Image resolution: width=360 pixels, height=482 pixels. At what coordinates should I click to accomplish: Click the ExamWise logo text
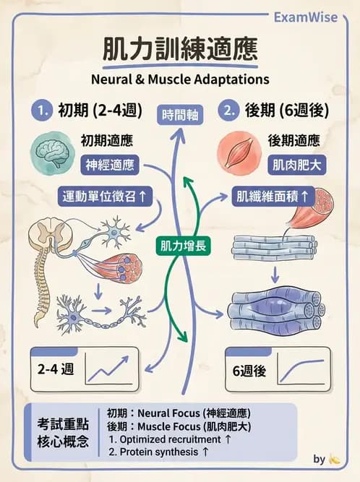(x=306, y=17)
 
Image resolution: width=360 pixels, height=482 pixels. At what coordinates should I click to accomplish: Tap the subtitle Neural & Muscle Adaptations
(x=179, y=78)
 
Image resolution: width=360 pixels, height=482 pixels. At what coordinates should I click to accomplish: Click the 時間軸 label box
(x=180, y=114)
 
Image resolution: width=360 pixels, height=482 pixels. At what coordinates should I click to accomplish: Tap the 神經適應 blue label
(x=109, y=165)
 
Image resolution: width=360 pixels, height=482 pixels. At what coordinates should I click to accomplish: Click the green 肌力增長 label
(x=181, y=246)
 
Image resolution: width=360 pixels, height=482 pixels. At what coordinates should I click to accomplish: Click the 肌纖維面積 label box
(x=273, y=195)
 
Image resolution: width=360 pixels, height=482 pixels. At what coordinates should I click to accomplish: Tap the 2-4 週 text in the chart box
(x=55, y=369)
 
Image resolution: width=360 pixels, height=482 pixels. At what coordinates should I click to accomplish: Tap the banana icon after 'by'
(x=334, y=459)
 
